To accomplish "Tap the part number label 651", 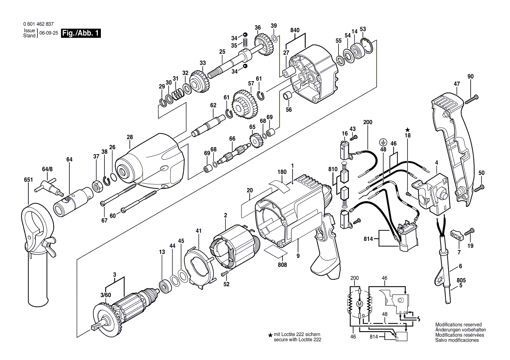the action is [x=29, y=180].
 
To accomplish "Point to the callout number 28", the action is [x=130, y=137].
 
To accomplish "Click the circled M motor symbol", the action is [x=359, y=304].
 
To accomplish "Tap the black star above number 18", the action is [x=407, y=130].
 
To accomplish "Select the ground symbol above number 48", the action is [x=383, y=142].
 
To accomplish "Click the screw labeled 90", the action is [x=472, y=99].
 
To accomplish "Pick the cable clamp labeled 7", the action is [x=456, y=235].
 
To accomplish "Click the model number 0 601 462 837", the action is [x=38, y=24].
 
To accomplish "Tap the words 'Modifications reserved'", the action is [x=458, y=325].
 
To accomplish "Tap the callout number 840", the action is [x=295, y=31].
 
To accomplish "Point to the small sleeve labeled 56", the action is [x=287, y=96].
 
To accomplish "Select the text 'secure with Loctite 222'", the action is [x=297, y=339].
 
